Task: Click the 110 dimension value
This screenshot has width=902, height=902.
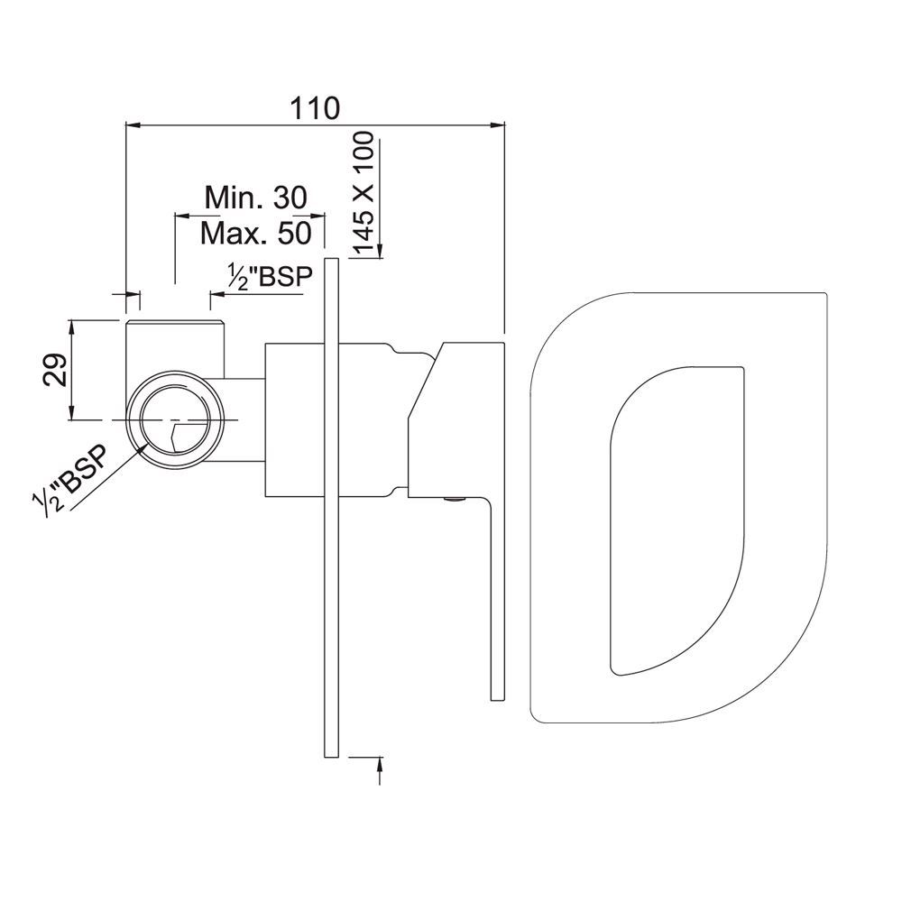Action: tap(315, 109)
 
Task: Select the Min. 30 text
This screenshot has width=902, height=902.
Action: tap(255, 196)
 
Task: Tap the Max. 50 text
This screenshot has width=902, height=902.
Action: tap(255, 234)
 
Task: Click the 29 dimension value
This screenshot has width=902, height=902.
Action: tap(56, 370)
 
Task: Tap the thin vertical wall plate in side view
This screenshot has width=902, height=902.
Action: tap(331, 505)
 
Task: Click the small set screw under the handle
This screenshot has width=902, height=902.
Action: tap(455, 500)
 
